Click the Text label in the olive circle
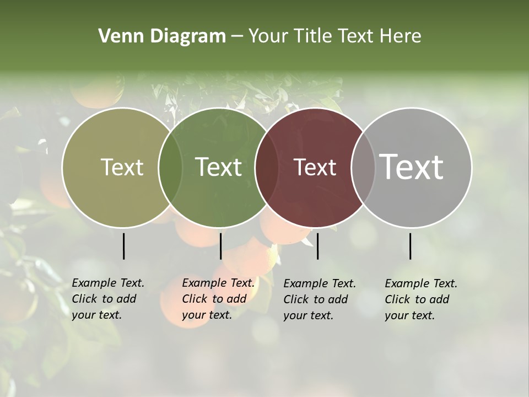click(122, 168)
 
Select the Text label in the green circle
click(219, 168)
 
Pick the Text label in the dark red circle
click(315, 168)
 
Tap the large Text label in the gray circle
click(412, 167)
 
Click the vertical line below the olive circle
click(123, 246)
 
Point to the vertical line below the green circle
click(220, 246)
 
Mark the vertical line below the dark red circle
click(317, 246)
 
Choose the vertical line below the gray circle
click(410, 246)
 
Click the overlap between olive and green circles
click(170, 168)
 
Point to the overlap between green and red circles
click(267, 168)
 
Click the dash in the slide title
click(237, 36)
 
